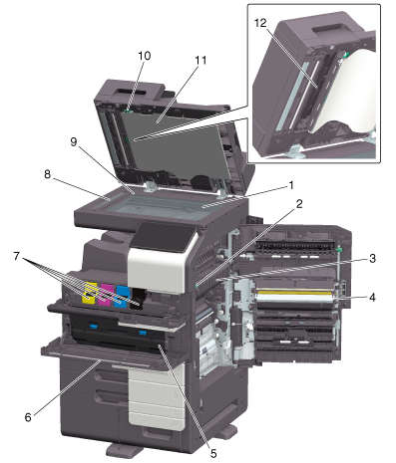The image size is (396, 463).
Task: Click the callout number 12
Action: [x=260, y=23]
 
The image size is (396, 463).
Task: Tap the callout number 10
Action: [x=145, y=56]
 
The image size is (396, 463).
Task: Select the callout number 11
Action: [x=200, y=61]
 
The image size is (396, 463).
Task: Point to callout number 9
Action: [x=74, y=142]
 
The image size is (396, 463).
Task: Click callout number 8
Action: [x=48, y=174]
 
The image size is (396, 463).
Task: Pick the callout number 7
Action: [x=16, y=256]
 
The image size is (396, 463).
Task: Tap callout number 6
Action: [x=28, y=417]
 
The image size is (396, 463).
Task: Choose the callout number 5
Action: [x=213, y=453]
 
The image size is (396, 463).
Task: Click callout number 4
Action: [x=373, y=298]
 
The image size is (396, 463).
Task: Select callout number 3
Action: [x=373, y=259]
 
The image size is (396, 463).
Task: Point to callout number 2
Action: [x=299, y=204]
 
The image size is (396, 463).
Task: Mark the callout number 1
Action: [x=291, y=185]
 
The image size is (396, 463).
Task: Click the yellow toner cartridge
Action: [x=90, y=294]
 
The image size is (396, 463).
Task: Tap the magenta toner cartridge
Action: [x=106, y=295]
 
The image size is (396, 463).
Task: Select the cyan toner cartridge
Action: [x=121, y=297]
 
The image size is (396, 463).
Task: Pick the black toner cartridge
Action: [x=138, y=299]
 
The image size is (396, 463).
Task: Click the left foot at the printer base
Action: [x=124, y=450]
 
